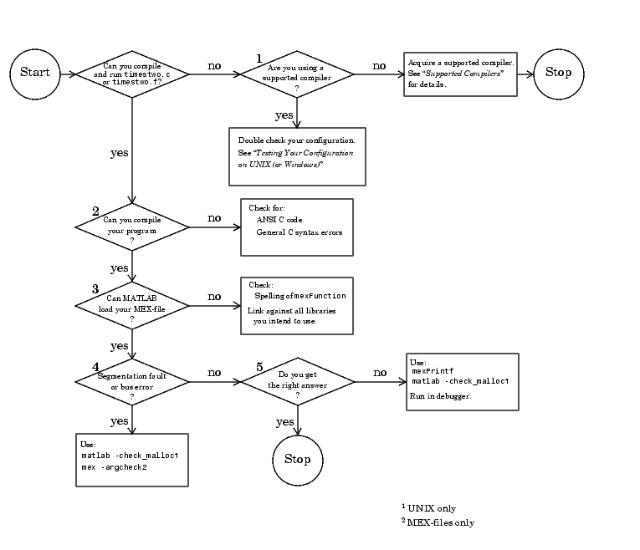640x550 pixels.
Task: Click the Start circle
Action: click(35, 73)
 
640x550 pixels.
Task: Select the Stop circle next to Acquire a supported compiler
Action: click(558, 73)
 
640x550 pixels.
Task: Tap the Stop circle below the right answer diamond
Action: click(297, 459)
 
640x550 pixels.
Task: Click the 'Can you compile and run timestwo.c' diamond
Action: click(132, 74)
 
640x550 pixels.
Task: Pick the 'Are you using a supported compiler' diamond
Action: click(297, 74)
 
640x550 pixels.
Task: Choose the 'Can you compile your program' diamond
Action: click(132, 227)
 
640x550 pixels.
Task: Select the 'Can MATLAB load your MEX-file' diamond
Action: click(132, 305)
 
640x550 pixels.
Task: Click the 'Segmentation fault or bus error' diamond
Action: click(132, 382)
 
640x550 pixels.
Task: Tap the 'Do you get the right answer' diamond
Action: click(297, 382)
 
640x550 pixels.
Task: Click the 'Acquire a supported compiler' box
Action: click(460, 74)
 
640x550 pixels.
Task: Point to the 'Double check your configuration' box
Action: click(298, 155)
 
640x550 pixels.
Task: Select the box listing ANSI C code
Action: click(297, 227)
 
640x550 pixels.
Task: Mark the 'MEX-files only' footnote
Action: click(438, 523)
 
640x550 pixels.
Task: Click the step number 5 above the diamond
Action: click(259, 367)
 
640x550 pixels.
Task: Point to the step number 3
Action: click(95, 288)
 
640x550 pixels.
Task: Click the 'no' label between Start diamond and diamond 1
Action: click(214, 65)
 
